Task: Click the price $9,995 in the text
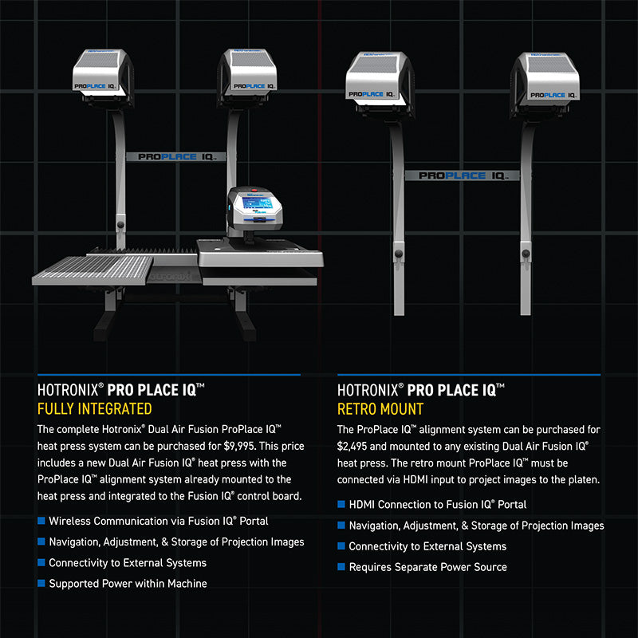coord(239,447)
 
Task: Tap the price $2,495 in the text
coord(352,447)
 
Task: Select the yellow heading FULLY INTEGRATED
coord(94,408)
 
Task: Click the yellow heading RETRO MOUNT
coord(380,409)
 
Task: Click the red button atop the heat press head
coord(254,190)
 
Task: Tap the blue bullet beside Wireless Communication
coord(41,521)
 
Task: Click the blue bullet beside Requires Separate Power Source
coord(341,566)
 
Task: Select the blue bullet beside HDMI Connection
coord(341,504)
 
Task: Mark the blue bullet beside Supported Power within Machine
coord(41,583)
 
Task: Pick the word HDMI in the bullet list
coord(361,505)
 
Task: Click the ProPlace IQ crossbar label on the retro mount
coord(463,175)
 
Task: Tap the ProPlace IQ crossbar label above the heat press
coord(176,156)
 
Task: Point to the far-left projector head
coord(104,77)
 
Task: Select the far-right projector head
coord(545,84)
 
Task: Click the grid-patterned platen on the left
coord(93,270)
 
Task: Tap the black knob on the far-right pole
coord(526,254)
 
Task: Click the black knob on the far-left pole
coord(121,225)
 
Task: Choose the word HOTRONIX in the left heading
coord(68,390)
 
